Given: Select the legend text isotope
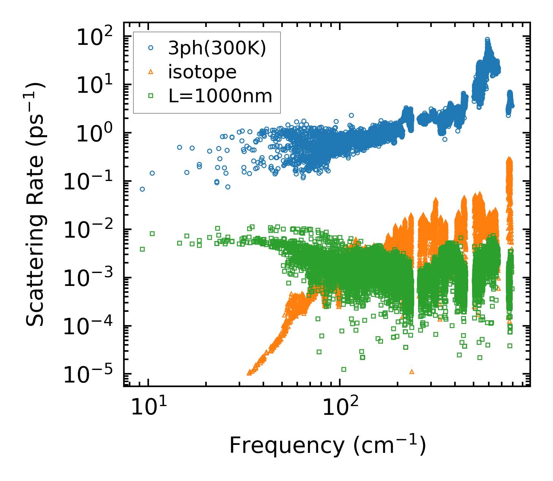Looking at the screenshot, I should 202,72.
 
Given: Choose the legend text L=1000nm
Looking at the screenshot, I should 220,96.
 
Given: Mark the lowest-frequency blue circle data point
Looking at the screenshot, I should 142,189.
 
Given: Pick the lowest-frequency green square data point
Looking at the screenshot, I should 142,249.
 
